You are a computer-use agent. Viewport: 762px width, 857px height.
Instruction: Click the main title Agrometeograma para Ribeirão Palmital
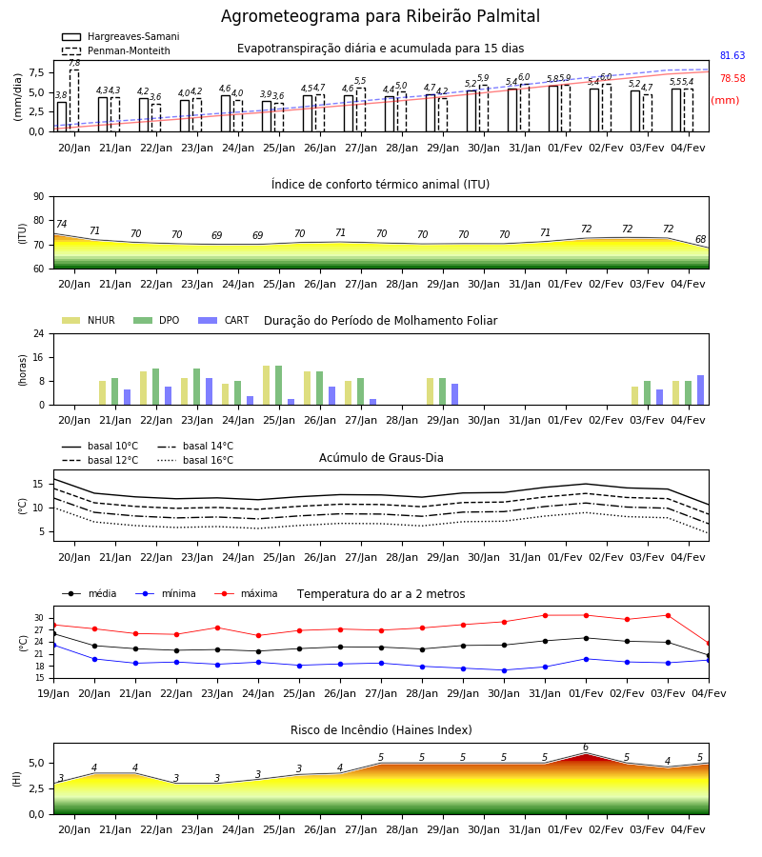tap(380, 16)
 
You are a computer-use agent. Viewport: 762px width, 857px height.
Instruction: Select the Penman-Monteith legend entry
tap(116, 50)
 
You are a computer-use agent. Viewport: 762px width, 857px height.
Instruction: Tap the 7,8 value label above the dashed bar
tap(74, 64)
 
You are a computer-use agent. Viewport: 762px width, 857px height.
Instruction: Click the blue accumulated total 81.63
tap(732, 56)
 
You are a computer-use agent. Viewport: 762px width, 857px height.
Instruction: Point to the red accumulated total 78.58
tap(732, 79)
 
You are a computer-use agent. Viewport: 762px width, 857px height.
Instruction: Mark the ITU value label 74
tap(61, 224)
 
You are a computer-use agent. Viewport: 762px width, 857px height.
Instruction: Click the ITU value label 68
tap(700, 239)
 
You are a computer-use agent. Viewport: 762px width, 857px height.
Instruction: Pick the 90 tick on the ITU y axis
tap(39, 197)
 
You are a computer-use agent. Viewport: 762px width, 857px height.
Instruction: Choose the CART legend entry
tap(224, 320)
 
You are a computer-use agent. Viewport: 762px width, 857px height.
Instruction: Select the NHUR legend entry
tap(89, 320)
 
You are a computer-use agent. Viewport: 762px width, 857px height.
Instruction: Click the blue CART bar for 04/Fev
tap(701, 390)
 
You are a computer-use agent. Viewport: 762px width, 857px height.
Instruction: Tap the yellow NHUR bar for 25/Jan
tap(266, 386)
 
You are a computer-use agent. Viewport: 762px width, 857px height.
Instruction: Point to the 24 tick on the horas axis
tap(39, 333)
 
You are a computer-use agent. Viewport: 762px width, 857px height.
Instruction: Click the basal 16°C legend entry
tap(195, 461)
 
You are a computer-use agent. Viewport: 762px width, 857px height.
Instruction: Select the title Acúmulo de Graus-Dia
tap(381, 458)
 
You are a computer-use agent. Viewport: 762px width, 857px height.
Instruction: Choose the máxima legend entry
tap(246, 593)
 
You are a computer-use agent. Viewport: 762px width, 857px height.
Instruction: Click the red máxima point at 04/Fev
tap(709, 644)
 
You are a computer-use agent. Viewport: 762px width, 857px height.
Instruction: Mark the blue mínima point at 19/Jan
tap(53, 646)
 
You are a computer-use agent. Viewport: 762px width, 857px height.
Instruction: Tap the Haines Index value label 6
tap(586, 747)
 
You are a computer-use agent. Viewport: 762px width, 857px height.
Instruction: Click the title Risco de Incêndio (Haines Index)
tap(381, 730)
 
